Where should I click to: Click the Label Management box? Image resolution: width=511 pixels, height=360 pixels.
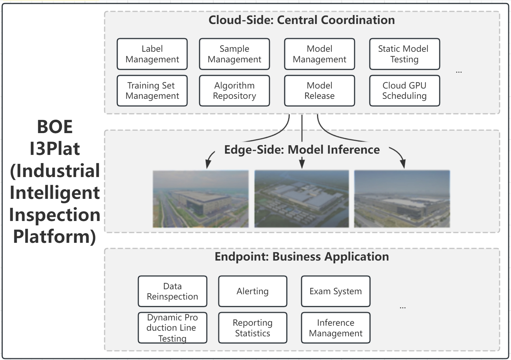152,54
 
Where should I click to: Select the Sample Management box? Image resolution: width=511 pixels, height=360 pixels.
234,54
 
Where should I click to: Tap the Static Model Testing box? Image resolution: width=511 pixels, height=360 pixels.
404,54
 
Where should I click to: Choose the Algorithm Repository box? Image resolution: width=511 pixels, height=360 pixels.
234,91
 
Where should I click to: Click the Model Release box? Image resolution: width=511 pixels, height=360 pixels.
319,91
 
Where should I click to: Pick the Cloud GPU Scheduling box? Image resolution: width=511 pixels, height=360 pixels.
404,91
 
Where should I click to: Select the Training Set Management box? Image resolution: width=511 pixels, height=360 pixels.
152,91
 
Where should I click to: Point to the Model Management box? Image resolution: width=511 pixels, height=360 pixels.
319,54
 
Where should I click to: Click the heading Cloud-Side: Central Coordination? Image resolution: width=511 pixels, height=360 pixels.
301,20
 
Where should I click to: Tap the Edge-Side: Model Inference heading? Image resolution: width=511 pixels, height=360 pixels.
302,150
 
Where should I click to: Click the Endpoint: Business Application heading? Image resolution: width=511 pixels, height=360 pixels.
302,257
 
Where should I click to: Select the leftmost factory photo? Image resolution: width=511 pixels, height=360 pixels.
200,199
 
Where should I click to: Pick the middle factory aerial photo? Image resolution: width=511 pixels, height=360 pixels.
301,199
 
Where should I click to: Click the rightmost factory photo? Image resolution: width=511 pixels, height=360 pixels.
402,199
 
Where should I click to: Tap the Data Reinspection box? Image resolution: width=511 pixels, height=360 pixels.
172,291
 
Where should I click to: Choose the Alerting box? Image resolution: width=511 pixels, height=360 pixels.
253,291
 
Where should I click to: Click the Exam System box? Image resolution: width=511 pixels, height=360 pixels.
335,291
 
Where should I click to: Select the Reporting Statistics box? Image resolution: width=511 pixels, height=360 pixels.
253,328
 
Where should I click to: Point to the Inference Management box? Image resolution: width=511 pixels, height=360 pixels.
335,328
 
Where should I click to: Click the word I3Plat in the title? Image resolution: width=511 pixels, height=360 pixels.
55,149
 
